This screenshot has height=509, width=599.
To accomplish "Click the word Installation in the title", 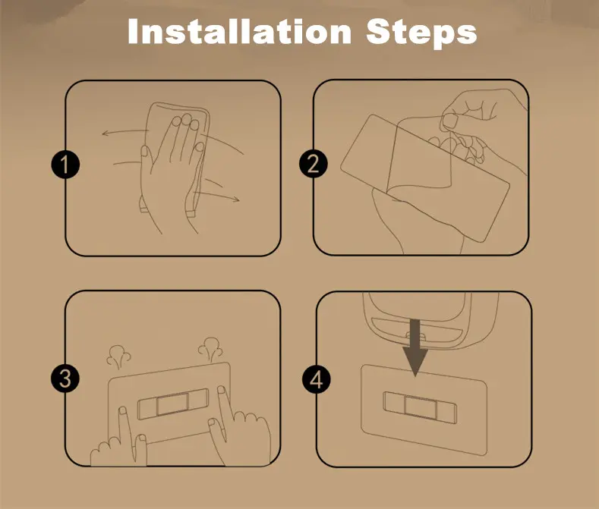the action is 239,31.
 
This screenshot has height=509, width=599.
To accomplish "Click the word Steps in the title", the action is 422,33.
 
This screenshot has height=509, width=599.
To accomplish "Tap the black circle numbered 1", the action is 65,165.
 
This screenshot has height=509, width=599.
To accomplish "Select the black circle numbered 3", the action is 65,379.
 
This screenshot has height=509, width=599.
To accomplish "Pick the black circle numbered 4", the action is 317,379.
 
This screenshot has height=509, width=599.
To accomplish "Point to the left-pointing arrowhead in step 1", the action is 106,134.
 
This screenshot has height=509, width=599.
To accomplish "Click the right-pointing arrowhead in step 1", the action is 236,199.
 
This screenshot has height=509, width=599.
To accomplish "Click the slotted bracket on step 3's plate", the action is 173,404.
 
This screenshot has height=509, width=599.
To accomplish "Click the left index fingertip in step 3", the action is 123,411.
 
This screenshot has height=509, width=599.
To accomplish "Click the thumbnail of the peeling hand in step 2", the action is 451,122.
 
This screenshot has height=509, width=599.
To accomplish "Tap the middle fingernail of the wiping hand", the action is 187,119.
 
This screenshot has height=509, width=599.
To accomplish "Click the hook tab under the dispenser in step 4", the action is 415,337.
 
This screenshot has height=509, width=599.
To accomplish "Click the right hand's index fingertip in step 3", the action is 221,390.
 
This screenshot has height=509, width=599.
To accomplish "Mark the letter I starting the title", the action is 132,31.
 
